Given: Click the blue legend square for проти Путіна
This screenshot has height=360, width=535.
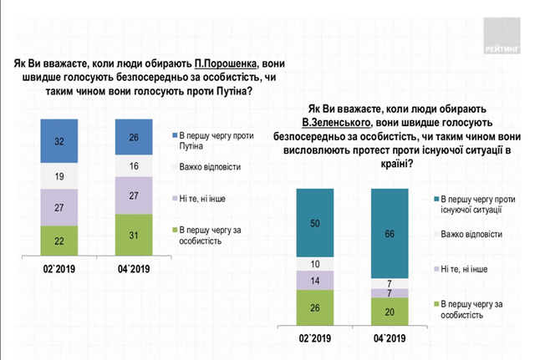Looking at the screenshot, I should pyautogui.click(x=173, y=134).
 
